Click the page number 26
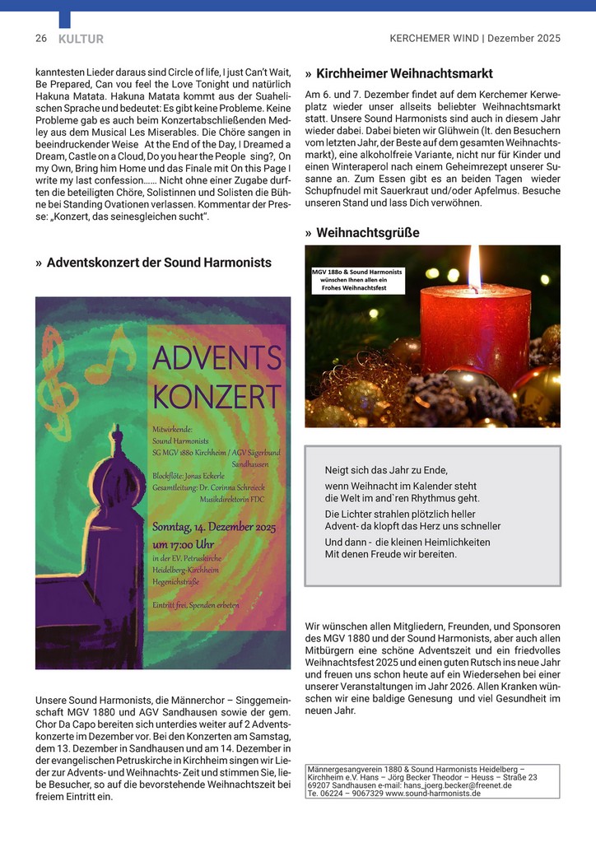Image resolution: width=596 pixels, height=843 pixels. pyautogui.click(x=40, y=39)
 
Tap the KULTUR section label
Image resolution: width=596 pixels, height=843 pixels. pyautogui.click(x=81, y=39)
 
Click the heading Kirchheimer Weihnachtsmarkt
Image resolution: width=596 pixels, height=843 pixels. pyautogui.click(x=404, y=73)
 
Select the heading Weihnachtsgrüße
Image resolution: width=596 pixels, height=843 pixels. pyautogui.click(x=368, y=233)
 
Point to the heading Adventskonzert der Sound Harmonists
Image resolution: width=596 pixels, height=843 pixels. pyautogui.click(x=159, y=263)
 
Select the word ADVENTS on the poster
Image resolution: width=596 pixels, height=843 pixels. pyautogui.click(x=217, y=359)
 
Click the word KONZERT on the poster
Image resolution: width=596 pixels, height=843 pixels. pyautogui.click(x=217, y=396)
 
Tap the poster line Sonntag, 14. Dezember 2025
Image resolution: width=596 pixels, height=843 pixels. pyautogui.click(x=214, y=528)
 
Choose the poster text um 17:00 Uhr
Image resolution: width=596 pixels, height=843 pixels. pyautogui.click(x=183, y=544)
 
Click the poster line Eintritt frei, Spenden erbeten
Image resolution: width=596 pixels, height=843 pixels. pyautogui.click(x=196, y=605)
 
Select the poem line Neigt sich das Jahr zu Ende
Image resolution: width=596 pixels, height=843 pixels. pyautogui.click(x=387, y=470)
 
